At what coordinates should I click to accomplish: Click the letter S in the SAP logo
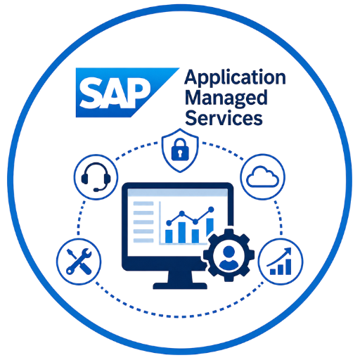(x=91, y=93)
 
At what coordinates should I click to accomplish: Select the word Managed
(x=226, y=98)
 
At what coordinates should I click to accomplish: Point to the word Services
(x=224, y=117)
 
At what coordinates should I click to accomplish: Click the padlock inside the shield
(x=180, y=149)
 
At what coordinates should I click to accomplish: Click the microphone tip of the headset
(x=96, y=189)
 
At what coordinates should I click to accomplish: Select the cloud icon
(x=263, y=176)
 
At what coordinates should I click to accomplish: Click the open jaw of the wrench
(x=86, y=252)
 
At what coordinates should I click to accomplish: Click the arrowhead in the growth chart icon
(x=288, y=251)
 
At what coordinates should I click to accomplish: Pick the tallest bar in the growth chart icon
(x=288, y=266)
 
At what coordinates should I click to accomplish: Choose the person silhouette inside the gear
(x=229, y=257)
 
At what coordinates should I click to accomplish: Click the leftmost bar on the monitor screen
(x=169, y=236)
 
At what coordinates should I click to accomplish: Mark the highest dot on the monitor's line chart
(x=211, y=210)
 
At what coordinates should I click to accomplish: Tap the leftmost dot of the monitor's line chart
(x=169, y=223)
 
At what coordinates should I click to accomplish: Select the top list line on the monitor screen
(x=143, y=203)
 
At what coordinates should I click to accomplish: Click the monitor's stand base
(x=180, y=285)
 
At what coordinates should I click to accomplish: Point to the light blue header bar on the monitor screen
(x=177, y=192)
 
